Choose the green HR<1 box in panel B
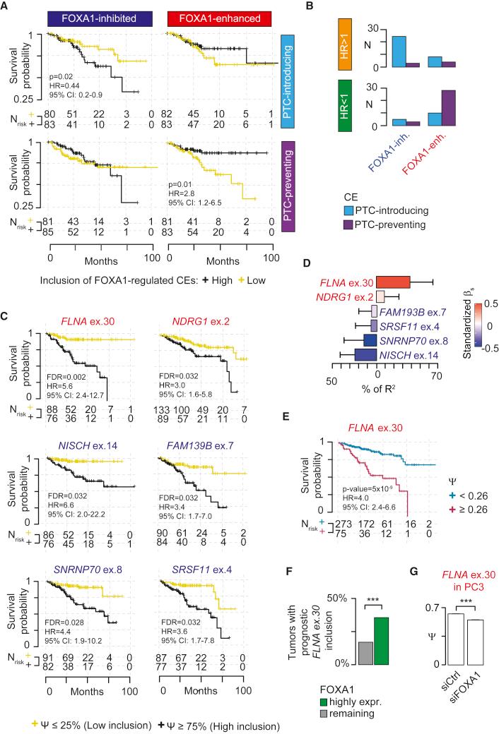click(x=345, y=107)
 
